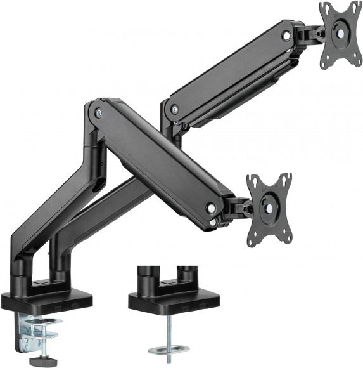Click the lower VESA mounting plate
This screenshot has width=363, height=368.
(x=269, y=207)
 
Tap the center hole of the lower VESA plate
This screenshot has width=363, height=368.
(x=269, y=207)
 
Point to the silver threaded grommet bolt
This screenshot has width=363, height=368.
(x=169, y=330)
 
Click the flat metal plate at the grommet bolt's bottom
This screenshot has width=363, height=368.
(x=168, y=350)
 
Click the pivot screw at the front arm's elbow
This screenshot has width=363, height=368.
(x=98, y=113)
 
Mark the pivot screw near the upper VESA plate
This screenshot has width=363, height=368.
(x=286, y=36)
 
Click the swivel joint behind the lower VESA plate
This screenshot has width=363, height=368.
(x=239, y=206)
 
